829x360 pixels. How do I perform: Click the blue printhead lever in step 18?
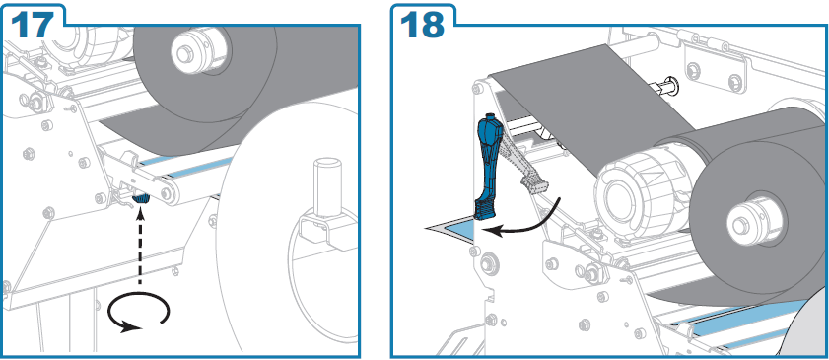(488, 168)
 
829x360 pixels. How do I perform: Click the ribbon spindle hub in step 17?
(188, 49)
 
